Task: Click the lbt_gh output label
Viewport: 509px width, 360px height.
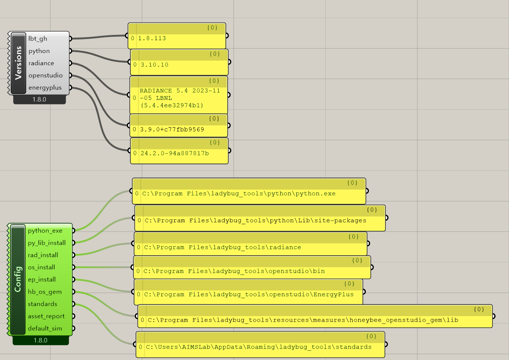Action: click(x=38, y=39)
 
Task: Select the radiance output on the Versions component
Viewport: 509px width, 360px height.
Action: click(x=41, y=63)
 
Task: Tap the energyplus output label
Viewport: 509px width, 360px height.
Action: click(x=45, y=88)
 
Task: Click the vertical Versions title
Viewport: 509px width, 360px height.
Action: click(x=18, y=63)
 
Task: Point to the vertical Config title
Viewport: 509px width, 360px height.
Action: click(x=18, y=279)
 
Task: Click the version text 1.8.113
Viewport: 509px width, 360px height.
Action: click(x=152, y=38)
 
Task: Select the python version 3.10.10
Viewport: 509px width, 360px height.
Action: click(x=154, y=65)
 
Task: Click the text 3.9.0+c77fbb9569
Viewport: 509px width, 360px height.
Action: click(x=172, y=130)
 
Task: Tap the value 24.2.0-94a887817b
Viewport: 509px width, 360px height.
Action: click(x=175, y=153)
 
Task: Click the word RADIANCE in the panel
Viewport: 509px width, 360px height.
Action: click(x=156, y=90)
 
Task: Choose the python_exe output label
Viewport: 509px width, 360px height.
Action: click(x=45, y=231)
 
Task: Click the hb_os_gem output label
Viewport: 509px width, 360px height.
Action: click(x=45, y=292)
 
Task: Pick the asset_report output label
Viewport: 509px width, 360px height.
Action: click(x=46, y=316)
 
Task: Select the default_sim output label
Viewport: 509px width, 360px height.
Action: click(x=45, y=328)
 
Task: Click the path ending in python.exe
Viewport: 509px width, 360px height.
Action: click(x=239, y=194)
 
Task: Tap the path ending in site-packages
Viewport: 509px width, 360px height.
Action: click(x=255, y=221)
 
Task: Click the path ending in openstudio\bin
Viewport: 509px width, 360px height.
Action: click(x=234, y=271)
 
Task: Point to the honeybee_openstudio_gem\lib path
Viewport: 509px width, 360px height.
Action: click(x=303, y=320)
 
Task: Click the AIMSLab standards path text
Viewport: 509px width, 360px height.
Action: click(x=258, y=347)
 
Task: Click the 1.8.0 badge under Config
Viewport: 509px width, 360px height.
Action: click(x=41, y=340)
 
